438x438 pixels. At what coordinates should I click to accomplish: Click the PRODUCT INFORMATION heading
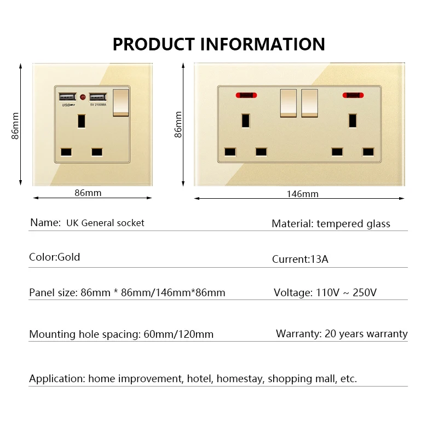coord(218,44)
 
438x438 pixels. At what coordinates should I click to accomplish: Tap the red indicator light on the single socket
coord(83,97)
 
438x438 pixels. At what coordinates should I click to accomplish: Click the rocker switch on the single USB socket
coord(119,102)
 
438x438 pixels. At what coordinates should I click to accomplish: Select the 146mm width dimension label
coord(302,194)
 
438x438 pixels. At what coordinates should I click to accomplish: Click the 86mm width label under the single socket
coord(88,193)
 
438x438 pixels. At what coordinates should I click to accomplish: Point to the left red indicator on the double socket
coord(247,95)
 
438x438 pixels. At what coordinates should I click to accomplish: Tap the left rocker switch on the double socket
coord(288,103)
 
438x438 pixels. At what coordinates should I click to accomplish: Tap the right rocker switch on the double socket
coord(309,103)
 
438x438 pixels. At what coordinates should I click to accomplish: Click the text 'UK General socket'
coord(105,223)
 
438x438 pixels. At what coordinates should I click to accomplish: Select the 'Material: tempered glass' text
coord(331,223)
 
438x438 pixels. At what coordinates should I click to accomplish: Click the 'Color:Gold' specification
coord(54,257)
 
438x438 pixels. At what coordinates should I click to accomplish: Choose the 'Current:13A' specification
coord(300,259)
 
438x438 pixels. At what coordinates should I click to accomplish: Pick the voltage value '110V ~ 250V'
coord(346,292)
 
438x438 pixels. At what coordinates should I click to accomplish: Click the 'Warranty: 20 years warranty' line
coord(342,333)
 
